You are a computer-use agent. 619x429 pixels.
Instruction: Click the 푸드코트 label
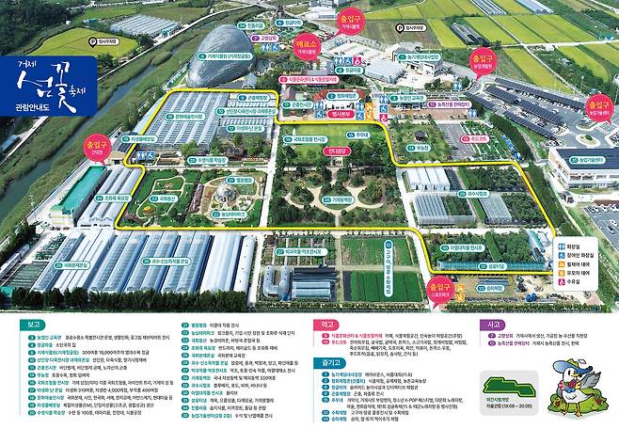tap(479, 139)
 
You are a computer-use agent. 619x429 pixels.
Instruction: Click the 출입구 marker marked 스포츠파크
tap(437, 285)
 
